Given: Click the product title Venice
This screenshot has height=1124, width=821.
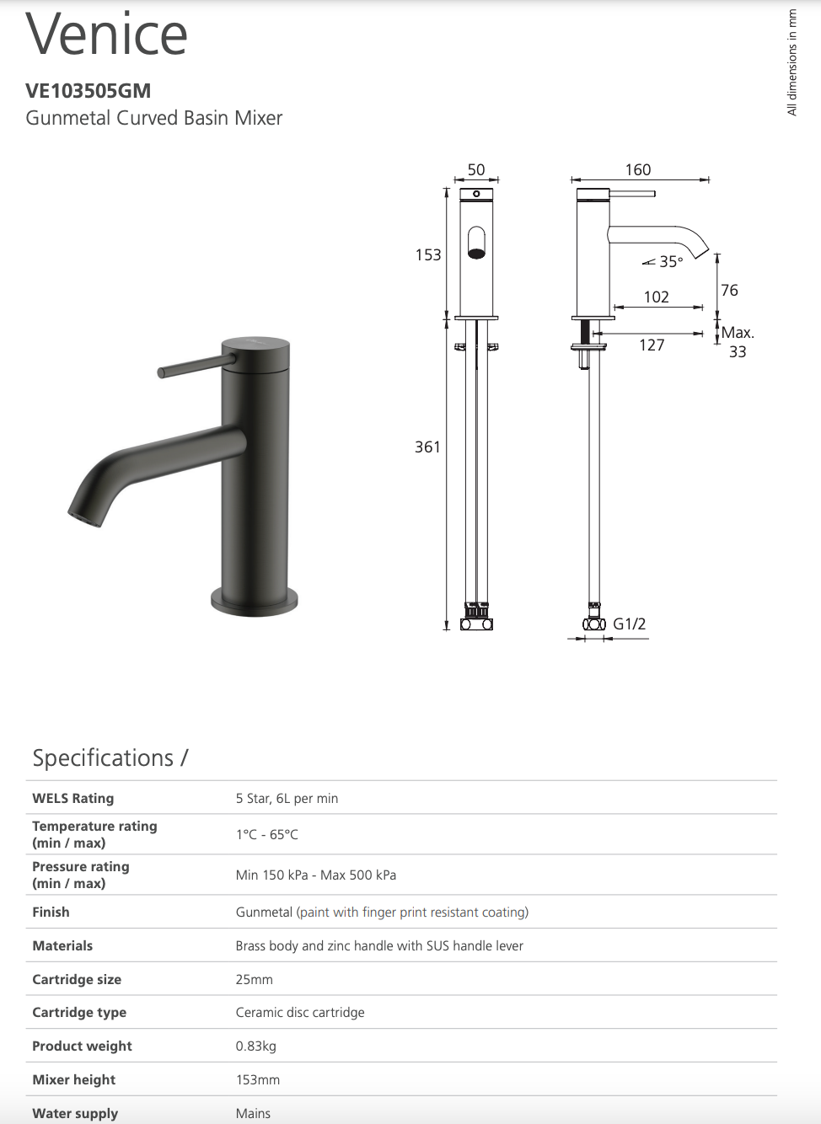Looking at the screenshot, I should (107, 35).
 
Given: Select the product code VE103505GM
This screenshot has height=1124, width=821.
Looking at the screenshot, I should (89, 91).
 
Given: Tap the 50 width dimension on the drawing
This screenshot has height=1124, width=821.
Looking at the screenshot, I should (476, 170).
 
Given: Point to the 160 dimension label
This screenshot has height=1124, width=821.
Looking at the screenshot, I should (638, 170).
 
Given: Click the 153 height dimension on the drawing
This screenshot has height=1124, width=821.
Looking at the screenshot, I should (428, 255).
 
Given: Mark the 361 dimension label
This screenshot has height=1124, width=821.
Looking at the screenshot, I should (427, 447).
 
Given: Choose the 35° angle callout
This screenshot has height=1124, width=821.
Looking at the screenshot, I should (670, 262).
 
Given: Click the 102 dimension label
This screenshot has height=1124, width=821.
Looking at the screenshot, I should (656, 297).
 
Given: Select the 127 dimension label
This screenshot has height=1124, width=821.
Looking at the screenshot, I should (652, 345).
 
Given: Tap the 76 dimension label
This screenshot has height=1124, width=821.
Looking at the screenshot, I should (729, 291).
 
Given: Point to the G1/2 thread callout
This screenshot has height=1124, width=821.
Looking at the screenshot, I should (629, 624).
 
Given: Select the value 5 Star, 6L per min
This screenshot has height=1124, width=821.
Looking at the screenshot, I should (287, 799).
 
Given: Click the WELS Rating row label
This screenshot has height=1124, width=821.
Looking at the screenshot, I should (73, 799).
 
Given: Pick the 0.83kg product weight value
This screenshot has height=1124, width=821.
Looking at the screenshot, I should (256, 1046).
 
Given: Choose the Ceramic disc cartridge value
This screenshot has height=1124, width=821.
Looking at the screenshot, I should (300, 1013).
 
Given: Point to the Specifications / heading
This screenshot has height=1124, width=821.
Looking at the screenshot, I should (110, 758).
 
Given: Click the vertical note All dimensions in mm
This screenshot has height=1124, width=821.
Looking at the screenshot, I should (791, 62).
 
